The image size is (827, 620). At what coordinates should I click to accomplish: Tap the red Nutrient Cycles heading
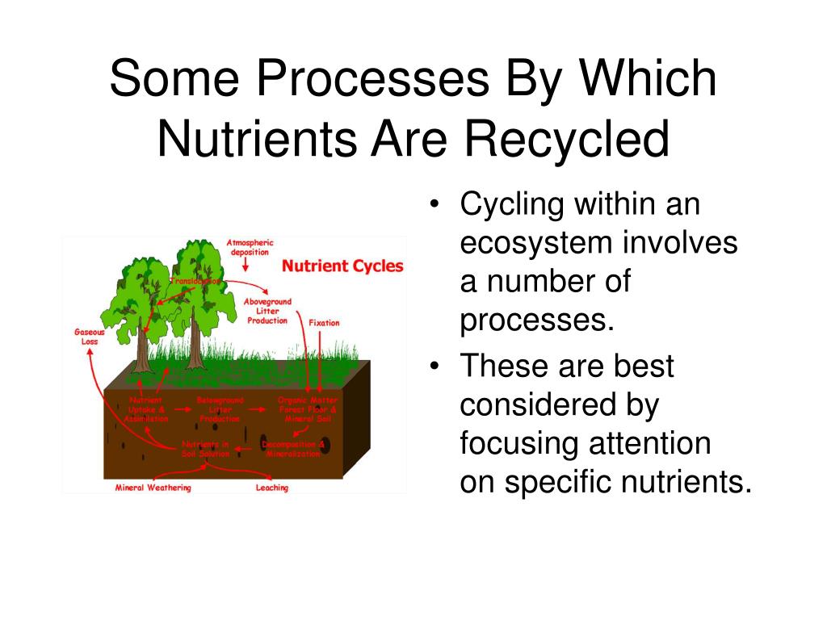pos(342,266)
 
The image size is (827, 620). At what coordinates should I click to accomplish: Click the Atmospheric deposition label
pos(250,247)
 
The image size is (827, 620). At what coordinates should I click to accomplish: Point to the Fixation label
pos(324,322)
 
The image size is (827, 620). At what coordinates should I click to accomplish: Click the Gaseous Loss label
pos(89,336)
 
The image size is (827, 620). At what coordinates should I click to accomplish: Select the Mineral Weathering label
pos(153,488)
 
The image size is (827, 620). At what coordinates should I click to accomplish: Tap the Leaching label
pos(272,488)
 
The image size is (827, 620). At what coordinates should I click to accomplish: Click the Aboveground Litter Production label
pos(267,311)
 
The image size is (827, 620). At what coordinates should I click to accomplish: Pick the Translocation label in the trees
pos(195,281)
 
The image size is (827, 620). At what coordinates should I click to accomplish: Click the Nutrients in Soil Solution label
pos(206,449)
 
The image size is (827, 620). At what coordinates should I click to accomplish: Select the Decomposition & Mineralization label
pos(294,449)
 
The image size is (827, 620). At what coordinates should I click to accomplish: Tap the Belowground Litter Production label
pos(220,408)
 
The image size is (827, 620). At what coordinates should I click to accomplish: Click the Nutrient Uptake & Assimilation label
pos(146,408)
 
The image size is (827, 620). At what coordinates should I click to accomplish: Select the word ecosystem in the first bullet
pos(532,243)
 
